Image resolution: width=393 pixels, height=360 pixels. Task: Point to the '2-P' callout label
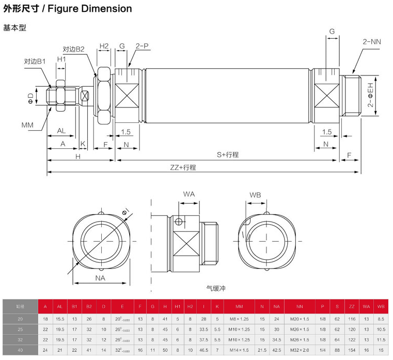(x=142, y=46)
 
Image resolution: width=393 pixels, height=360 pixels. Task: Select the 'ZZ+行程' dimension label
(x=183, y=167)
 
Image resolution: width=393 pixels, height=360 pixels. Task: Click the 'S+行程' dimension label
(x=227, y=154)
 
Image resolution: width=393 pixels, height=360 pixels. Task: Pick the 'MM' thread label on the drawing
(x=27, y=125)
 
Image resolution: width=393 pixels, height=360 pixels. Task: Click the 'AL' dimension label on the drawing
(x=61, y=131)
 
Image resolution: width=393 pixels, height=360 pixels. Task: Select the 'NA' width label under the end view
(x=100, y=278)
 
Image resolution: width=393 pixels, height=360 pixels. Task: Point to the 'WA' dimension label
(x=188, y=194)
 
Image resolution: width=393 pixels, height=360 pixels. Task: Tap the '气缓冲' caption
(x=216, y=288)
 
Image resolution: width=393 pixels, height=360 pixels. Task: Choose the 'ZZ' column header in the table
(x=352, y=306)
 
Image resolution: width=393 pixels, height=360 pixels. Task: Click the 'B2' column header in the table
(x=89, y=306)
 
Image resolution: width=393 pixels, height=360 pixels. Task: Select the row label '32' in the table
(x=20, y=339)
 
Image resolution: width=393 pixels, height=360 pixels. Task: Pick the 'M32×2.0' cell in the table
(x=300, y=350)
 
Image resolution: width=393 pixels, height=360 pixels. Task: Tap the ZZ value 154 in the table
(x=352, y=350)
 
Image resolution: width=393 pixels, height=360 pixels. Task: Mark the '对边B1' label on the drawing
(x=35, y=61)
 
